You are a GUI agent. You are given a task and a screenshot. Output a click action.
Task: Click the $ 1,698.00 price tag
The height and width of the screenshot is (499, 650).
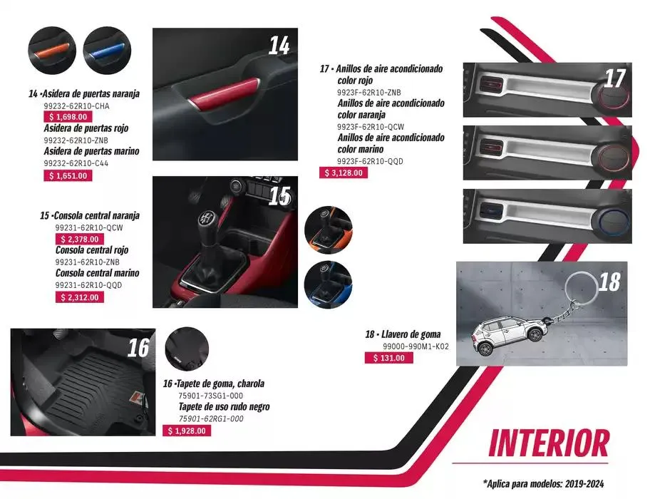[68, 117]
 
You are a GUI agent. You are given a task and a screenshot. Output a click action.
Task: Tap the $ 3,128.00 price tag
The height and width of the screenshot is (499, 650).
[344, 173]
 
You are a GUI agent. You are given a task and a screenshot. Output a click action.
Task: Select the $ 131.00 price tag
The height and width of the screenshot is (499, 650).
[389, 358]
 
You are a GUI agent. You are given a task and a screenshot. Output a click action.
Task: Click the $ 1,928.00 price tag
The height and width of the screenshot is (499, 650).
[187, 431]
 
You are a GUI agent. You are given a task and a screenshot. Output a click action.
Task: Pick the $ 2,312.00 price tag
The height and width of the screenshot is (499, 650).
[80, 297]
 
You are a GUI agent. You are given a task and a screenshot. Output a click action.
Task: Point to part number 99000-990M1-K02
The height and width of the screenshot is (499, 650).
[416, 346]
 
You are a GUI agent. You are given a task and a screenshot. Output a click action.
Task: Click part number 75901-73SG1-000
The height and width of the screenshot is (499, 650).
[210, 396]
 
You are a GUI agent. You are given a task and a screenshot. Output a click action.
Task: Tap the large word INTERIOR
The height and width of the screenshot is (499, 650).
[549, 443]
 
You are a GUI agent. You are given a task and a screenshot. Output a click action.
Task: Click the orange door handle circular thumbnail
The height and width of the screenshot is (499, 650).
[52, 51]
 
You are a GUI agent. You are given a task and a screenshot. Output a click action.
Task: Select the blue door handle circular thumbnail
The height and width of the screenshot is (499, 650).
[107, 51]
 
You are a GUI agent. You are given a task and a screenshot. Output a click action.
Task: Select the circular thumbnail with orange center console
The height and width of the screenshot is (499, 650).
[329, 230]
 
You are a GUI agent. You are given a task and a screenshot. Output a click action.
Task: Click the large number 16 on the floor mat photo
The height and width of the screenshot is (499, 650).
[138, 347]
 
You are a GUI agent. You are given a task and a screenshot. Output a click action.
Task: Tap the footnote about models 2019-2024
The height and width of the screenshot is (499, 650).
[544, 483]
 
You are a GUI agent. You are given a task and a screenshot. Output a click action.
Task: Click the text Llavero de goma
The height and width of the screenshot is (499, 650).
[411, 334]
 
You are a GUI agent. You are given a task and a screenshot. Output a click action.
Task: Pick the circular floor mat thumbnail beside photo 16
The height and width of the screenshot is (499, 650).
[187, 347]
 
